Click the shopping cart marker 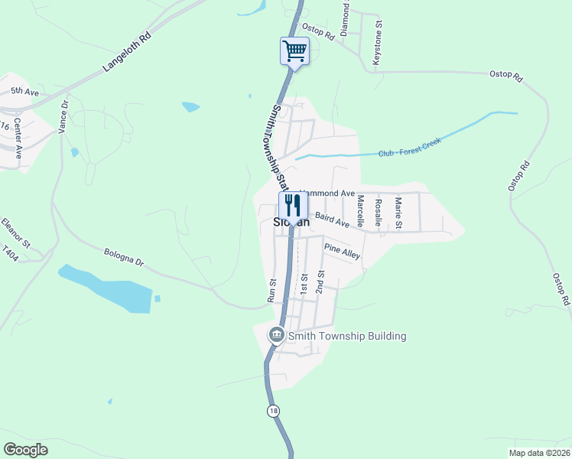[294, 52]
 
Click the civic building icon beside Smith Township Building [275, 335]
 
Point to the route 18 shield [274, 411]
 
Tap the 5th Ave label [24, 91]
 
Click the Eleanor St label [15, 233]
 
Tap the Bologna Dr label [123, 257]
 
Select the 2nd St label [321, 282]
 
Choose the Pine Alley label [341, 251]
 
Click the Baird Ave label [332, 221]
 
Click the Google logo [26, 449]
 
